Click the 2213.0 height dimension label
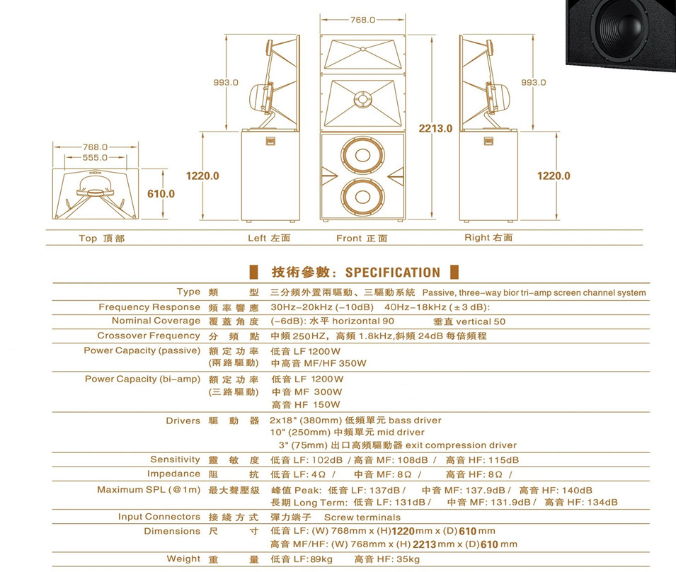pos(435,128)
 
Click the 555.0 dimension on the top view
pos(96,158)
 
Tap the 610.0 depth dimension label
pos(161,194)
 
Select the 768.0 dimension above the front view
pos(362,20)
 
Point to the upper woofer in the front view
pos(362,155)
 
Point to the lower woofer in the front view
pos(362,196)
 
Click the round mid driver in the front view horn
pos(363,98)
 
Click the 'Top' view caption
pos(88,239)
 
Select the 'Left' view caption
pos(257,238)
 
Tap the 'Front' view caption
pos(349,238)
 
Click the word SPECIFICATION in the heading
pos(393,273)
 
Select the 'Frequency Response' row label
pos(149,307)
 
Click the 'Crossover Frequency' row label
pos(149,336)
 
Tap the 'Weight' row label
pos(183,559)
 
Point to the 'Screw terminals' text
pos(362,517)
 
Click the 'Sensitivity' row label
pos(176,459)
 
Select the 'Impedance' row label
pos(173,474)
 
